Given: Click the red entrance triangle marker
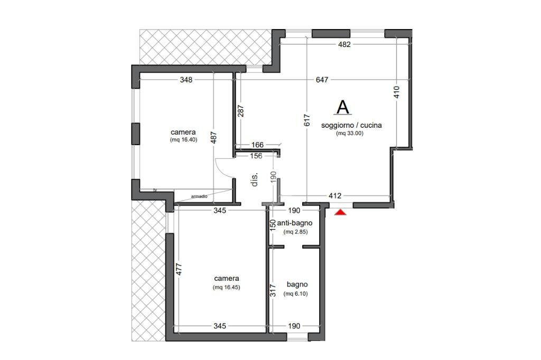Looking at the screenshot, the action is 341,212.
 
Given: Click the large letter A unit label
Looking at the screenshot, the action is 342,107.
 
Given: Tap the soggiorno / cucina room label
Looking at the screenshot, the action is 351,126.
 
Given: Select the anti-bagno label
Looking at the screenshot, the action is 295,223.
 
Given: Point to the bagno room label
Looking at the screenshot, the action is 297,285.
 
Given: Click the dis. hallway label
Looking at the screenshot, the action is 255,179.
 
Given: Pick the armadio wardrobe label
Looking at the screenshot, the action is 199,196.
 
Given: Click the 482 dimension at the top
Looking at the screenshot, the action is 344,44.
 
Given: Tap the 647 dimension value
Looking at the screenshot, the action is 322,80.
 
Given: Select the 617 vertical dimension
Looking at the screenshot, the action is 307,120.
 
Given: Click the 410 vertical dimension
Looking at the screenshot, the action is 396,92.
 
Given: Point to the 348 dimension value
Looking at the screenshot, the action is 186,80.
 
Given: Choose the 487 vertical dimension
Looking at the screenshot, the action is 213,138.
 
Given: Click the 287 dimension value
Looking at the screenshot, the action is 241,111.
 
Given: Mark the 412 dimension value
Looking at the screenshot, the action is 334,196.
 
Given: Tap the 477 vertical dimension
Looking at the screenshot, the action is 179,269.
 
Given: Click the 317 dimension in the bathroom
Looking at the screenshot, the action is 273,290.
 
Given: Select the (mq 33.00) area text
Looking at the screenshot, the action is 350,134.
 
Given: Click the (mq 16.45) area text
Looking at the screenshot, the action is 227,287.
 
